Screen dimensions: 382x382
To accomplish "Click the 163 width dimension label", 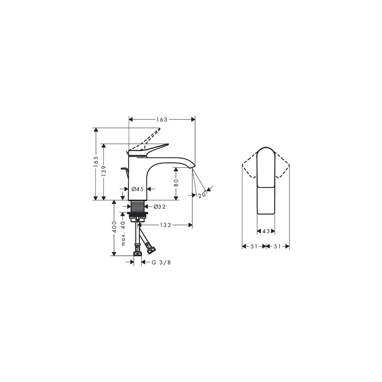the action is [162, 120].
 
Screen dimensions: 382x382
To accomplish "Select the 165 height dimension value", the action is [96, 162].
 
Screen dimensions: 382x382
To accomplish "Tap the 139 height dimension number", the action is [104, 171].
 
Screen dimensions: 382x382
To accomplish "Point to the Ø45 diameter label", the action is [138, 189].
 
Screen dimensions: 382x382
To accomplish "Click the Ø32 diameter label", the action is [160, 207].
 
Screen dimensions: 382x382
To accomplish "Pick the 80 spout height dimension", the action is [176, 183].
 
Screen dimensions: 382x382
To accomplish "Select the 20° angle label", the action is [202, 194].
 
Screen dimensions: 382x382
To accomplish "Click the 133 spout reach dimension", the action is [165, 225].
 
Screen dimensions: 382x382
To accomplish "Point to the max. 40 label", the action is [123, 233].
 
